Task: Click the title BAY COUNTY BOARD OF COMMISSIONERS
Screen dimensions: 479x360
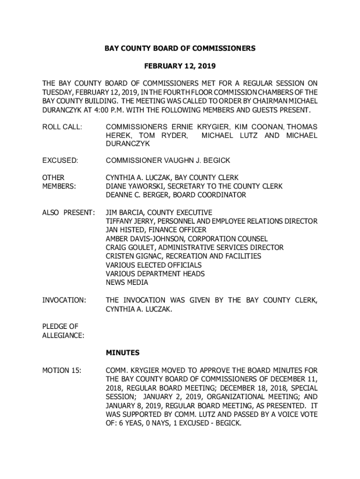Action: [x=180, y=48]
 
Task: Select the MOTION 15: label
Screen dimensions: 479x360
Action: [x=62, y=371]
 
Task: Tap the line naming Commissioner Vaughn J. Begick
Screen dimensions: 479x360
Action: [x=168, y=161]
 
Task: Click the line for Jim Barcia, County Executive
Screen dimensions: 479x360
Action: [x=158, y=212]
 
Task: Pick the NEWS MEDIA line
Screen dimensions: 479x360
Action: [x=127, y=283]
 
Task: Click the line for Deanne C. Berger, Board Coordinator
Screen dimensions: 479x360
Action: [x=176, y=195]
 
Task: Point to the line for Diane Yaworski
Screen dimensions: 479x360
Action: [x=194, y=186]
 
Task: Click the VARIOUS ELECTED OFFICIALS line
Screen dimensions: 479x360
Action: [x=154, y=265]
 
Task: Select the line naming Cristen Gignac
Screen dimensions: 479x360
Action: [x=183, y=256]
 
